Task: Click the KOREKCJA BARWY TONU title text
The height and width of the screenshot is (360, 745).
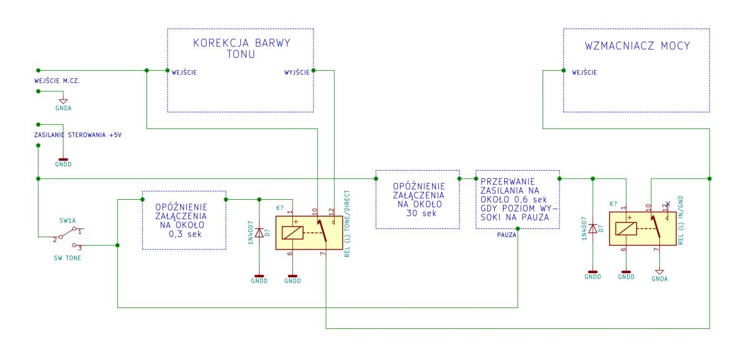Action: coord(242,48)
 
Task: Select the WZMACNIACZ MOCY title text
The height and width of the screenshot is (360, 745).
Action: coord(637,45)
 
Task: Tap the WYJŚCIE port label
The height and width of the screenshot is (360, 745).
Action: coord(297,72)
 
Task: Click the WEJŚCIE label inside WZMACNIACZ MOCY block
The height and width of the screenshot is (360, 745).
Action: coord(584,72)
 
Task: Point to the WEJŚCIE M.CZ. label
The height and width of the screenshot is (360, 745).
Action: coord(57,81)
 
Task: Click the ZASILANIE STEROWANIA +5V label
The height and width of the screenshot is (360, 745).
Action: coord(78,135)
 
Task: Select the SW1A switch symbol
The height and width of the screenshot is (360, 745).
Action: coord(68,237)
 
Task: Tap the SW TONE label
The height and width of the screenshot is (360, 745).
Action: coord(68,258)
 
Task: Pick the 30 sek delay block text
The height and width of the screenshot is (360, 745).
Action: coord(418,200)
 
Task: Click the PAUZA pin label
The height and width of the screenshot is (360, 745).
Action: coord(507,235)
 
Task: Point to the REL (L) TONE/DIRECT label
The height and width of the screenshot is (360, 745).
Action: coord(347,223)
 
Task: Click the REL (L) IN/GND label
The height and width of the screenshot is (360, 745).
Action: coord(680,220)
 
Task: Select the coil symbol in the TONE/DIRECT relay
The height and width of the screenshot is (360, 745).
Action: coord(292,233)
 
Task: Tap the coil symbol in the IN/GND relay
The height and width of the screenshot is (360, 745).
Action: coord(626,228)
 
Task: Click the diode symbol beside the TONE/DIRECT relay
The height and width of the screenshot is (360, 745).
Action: coord(259,233)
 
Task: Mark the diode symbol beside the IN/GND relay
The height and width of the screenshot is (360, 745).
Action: coord(593,228)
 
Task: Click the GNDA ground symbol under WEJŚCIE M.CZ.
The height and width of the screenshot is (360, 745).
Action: coord(63,101)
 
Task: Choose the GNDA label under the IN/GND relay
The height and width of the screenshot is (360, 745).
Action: coord(659,279)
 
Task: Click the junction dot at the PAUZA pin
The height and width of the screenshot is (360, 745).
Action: coord(518,228)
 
